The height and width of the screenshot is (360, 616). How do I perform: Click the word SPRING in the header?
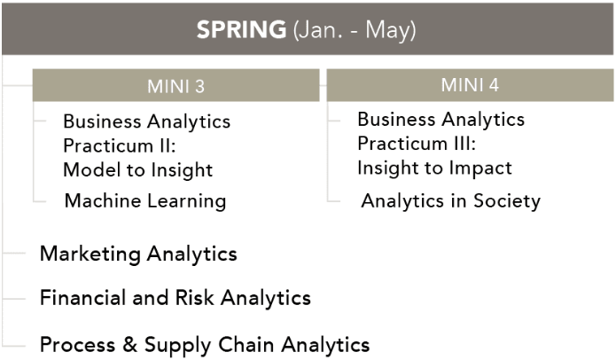pyautogui.click(x=241, y=29)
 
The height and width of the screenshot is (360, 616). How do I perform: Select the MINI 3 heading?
pyautogui.click(x=176, y=86)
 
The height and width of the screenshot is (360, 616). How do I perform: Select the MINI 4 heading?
pyautogui.click(x=470, y=85)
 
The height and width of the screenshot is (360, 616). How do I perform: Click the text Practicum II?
pyautogui.click(x=120, y=145)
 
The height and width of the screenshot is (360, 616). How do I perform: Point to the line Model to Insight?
pyautogui.click(x=138, y=170)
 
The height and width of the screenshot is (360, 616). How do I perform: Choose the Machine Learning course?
pyautogui.click(x=145, y=200)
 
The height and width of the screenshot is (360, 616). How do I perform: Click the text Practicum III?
pyautogui.click(x=417, y=144)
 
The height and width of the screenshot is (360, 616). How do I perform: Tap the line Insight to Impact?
pyautogui.click(x=434, y=168)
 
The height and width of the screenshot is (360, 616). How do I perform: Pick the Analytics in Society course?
pyautogui.click(x=450, y=200)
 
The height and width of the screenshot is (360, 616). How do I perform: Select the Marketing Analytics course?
pyautogui.click(x=138, y=254)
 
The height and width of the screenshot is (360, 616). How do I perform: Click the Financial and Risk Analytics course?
pyautogui.click(x=175, y=298)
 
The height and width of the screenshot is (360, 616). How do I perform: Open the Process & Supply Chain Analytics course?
pyautogui.click(x=205, y=345)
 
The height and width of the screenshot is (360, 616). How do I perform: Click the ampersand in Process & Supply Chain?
pyautogui.click(x=129, y=344)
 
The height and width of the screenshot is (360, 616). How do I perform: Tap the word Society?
pyautogui.click(x=507, y=201)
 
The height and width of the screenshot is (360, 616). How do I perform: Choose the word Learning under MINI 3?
pyautogui.click(x=187, y=201)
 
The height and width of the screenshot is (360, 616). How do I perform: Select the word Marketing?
pyautogui.click(x=90, y=254)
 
